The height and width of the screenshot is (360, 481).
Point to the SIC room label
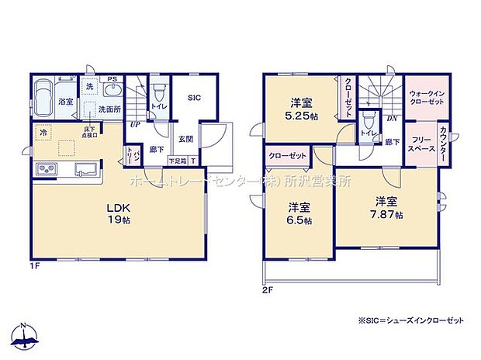point(195,98)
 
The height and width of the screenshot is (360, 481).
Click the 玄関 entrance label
point(186,139)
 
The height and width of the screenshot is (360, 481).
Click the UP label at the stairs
point(136,124)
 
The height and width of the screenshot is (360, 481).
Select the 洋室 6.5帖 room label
point(299,213)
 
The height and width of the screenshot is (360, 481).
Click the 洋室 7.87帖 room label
point(384,208)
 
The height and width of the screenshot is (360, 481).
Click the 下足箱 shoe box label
point(178,161)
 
